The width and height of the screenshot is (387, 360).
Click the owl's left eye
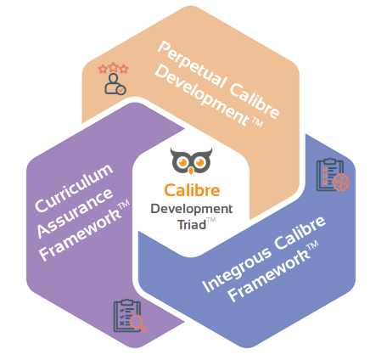coord(181,159)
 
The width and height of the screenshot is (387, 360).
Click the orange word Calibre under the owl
coord(190,191)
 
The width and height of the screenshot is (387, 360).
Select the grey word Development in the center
coord(191,208)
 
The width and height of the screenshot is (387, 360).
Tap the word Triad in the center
coord(188,224)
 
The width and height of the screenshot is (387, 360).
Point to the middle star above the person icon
coord(112,67)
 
